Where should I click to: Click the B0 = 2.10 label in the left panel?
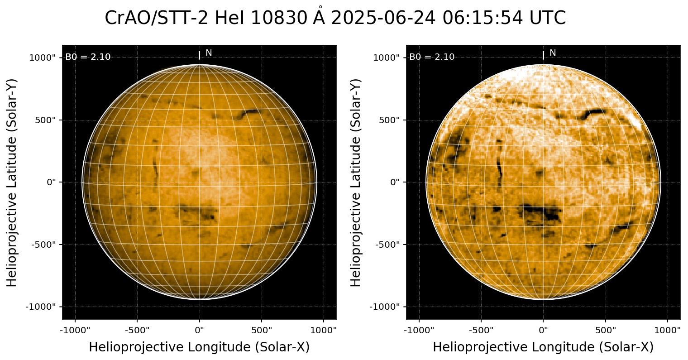[x=88, y=57]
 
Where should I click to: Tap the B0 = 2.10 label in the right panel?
[x=432, y=57]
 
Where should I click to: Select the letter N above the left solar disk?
[x=209, y=53]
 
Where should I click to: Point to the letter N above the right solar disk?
[x=553, y=53]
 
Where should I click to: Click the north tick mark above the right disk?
[x=543, y=55]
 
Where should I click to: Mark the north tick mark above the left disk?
[x=199, y=55]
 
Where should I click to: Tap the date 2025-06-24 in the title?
[x=383, y=18]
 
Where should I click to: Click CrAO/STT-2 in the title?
[x=158, y=18]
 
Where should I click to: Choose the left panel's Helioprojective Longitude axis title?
[x=199, y=347]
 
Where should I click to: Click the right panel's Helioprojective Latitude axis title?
[x=357, y=182]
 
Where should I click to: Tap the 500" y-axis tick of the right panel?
[x=390, y=120]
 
